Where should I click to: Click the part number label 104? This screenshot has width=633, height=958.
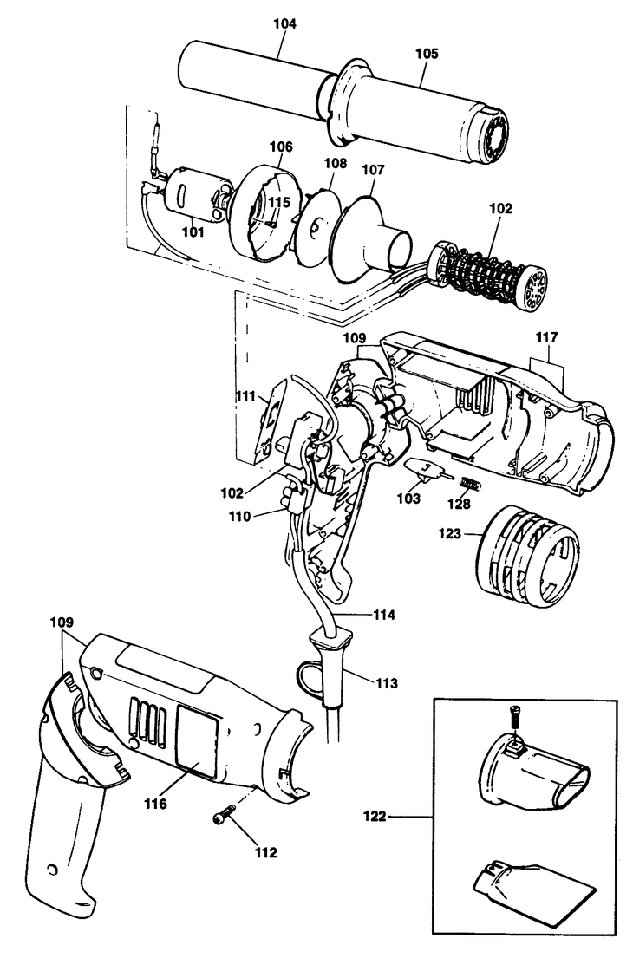click(x=284, y=23)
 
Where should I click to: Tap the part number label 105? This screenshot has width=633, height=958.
click(x=427, y=53)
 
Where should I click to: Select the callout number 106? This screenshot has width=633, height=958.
click(x=281, y=147)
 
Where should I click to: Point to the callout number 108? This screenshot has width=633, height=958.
click(x=335, y=163)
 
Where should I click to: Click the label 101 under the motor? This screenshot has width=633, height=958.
click(x=193, y=231)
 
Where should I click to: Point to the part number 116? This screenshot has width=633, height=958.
click(x=155, y=804)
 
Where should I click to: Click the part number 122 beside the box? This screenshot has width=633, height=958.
click(x=374, y=816)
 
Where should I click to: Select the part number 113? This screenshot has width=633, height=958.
click(x=386, y=682)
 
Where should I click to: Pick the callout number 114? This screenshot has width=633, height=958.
click(x=384, y=616)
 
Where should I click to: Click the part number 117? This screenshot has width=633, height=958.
click(x=547, y=336)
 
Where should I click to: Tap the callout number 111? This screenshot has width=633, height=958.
click(x=245, y=396)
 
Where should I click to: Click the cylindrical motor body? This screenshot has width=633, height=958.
click(x=194, y=194)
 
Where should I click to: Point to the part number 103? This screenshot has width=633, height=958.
click(x=408, y=499)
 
